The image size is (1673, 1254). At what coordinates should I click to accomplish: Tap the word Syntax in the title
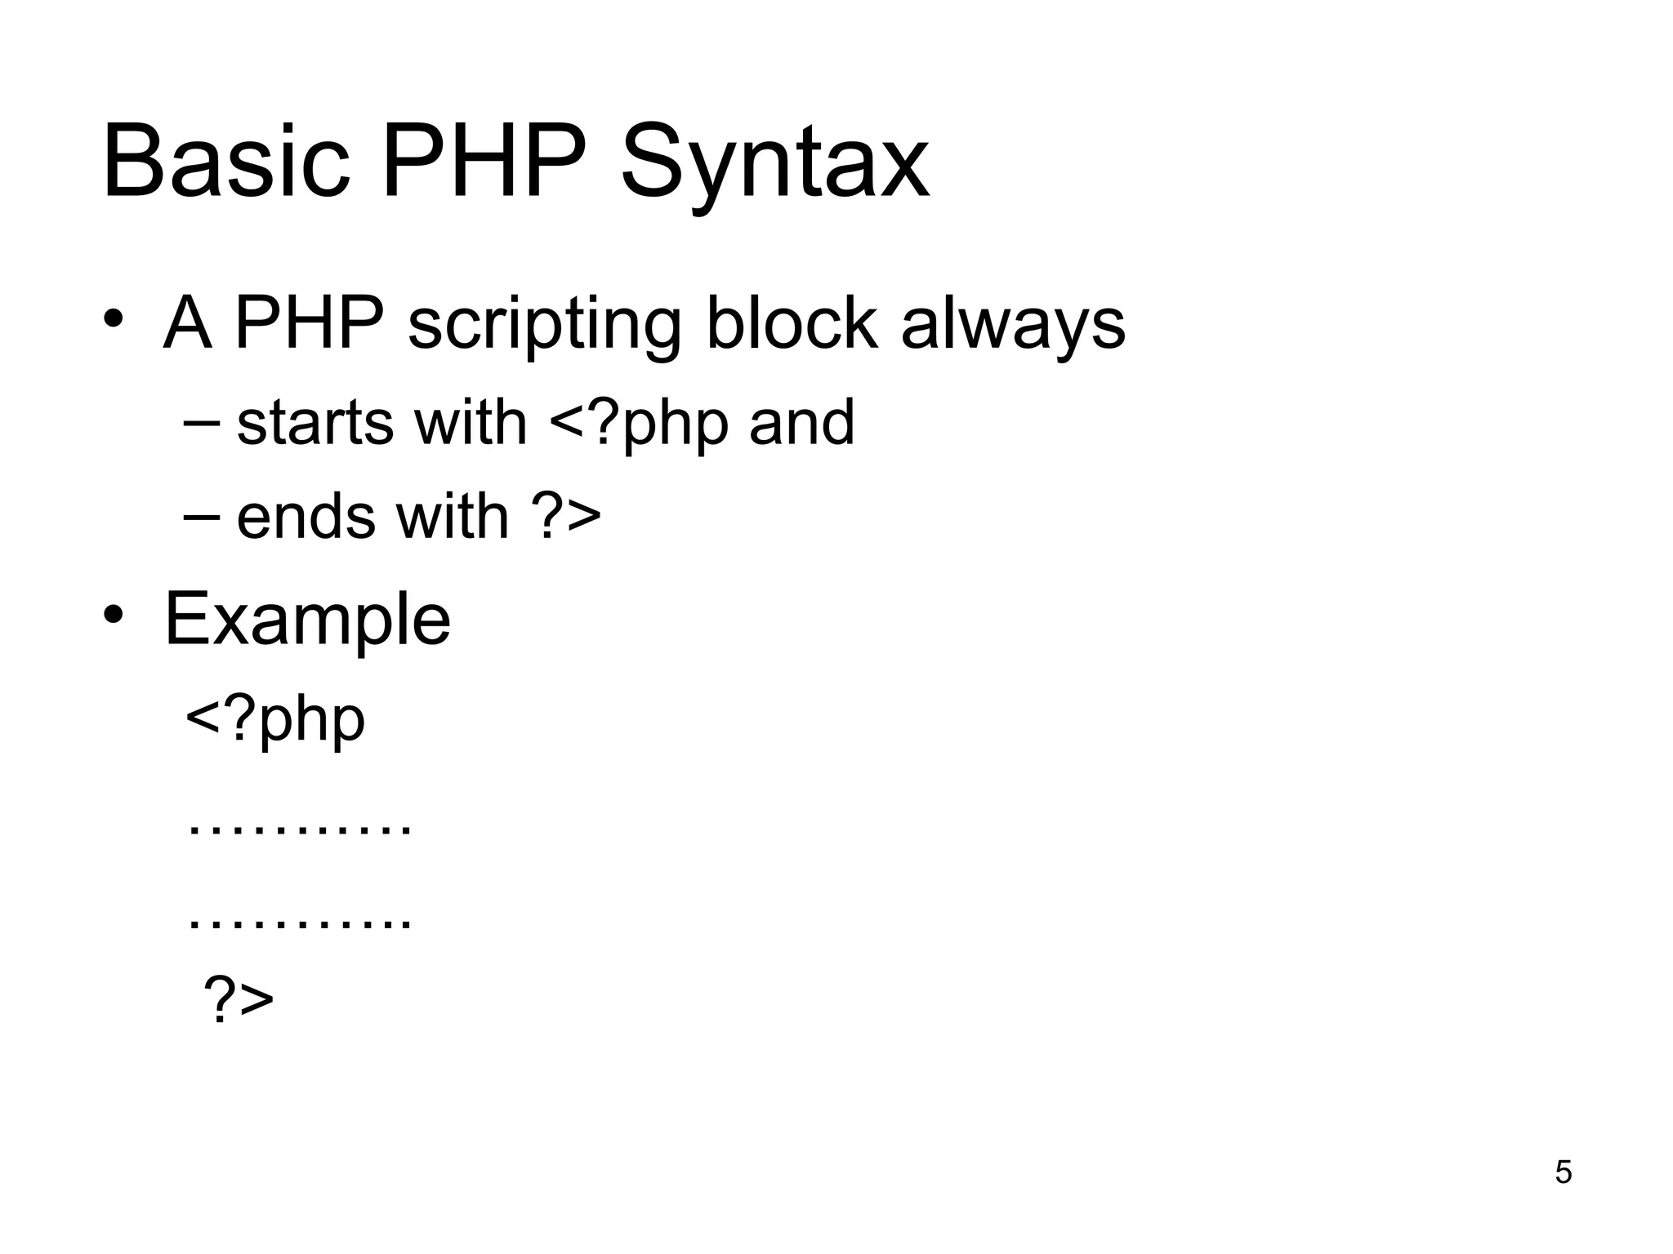pos(774,167)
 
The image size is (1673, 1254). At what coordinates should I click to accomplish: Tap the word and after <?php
pos(801,424)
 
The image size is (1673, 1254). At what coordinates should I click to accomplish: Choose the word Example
pos(307,621)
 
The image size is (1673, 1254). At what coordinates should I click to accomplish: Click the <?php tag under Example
pos(275,721)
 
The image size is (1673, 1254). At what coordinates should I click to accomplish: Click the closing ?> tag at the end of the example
pos(238,998)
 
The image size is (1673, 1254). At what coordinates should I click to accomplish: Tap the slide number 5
pos(1563,1172)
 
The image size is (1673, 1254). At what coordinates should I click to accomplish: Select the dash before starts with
pos(201,424)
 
